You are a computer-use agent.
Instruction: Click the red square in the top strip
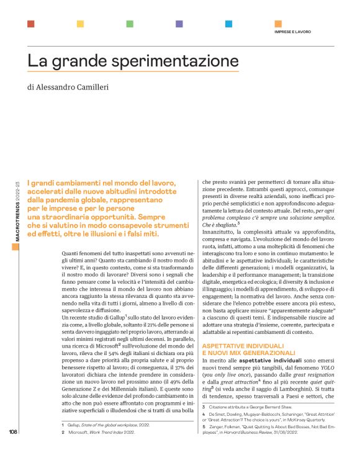point(31,24)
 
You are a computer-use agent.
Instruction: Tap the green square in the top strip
point(130,24)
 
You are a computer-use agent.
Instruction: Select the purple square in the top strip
point(179,24)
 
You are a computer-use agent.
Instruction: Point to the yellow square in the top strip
point(80,24)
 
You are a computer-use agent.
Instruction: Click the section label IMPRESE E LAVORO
point(293,31)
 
